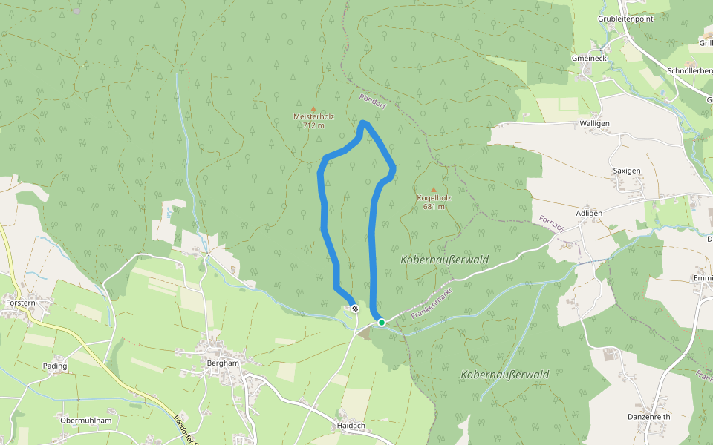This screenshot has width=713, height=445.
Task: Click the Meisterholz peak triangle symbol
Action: click(313, 109)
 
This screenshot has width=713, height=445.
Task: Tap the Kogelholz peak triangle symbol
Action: click(434, 190)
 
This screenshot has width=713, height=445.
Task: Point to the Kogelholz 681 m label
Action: click(434, 202)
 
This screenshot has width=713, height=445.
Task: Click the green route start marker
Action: click(381, 322)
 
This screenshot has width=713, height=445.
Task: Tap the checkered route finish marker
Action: click(356, 309)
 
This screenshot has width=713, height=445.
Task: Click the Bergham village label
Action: click(224, 363)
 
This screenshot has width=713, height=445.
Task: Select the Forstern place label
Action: click(19, 303)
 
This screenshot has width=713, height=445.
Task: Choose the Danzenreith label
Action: click(649, 418)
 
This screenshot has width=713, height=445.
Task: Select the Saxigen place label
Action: click(627, 171)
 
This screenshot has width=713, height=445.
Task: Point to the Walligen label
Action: click(594, 123)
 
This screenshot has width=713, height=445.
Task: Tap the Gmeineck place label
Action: click(590, 58)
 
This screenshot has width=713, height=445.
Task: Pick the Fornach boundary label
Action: click(552, 224)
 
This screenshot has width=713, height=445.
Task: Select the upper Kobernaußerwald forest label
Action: click(444, 260)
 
